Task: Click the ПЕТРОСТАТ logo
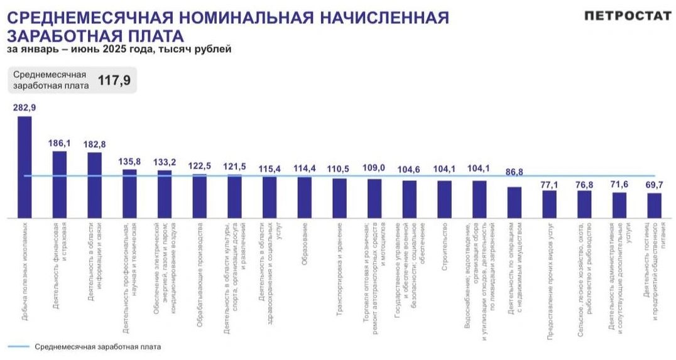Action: pos(628,16)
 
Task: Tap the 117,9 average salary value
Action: pos(112,80)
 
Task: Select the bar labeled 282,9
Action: pos(25,167)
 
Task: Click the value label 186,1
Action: pos(60,143)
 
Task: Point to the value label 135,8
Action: pos(129,161)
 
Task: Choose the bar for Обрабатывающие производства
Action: pos(200,196)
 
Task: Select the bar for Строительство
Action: pos(445,199)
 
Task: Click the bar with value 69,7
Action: pos(654,205)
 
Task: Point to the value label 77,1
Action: pos(550,185)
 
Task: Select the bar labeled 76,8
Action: pos(584,204)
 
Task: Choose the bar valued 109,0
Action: pos(374,199)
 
